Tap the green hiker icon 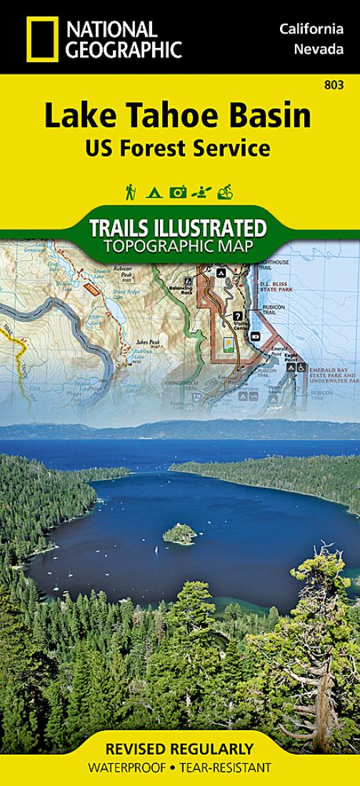tap(131, 191)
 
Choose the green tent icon tap(153, 192)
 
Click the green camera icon tap(178, 191)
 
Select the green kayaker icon tap(202, 191)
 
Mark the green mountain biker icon tap(226, 191)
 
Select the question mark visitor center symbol tap(236, 315)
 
